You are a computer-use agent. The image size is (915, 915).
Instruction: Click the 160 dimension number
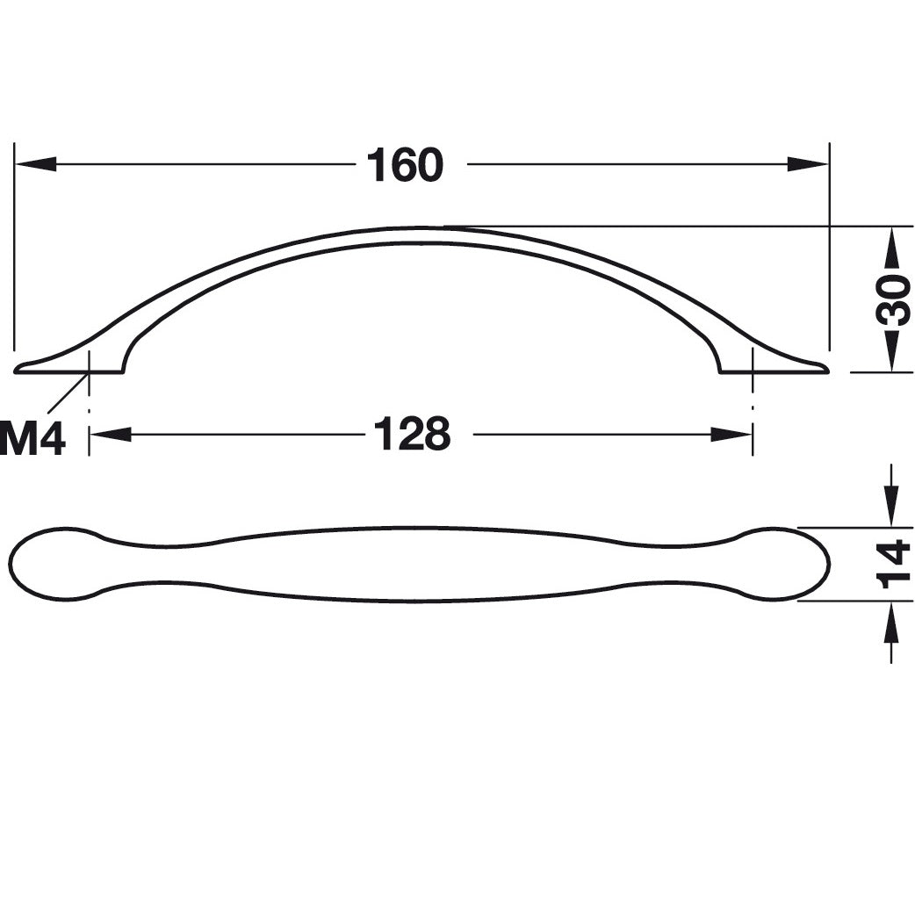click(x=405, y=164)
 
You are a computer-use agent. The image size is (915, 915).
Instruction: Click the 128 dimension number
click(x=412, y=434)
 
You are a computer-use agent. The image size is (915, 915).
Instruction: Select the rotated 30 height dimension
click(x=893, y=299)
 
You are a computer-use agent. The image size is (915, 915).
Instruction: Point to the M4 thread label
click(x=32, y=438)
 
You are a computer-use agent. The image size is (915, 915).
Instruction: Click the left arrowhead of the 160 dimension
click(x=36, y=164)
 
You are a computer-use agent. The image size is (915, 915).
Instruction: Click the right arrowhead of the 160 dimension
click(x=808, y=164)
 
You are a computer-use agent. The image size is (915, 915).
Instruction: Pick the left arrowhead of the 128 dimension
click(x=111, y=434)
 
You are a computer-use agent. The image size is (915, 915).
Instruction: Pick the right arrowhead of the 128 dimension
click(x=731, y=434)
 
